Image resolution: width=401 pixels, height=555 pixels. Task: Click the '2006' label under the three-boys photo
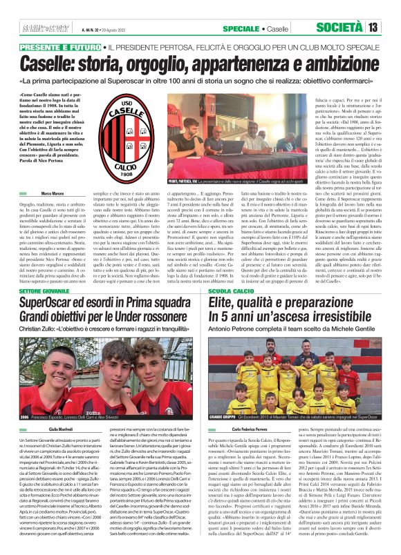point(25,418)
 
